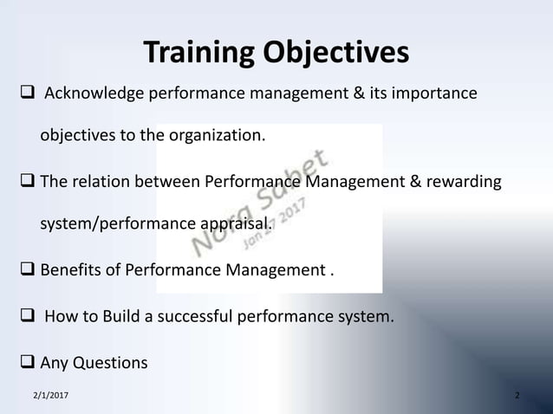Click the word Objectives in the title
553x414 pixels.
tap(333, 53)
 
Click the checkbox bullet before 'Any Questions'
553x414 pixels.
tap(26, 362)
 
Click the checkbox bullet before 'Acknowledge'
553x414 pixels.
tap(26, 93)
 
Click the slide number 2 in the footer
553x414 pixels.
tap(517, 396)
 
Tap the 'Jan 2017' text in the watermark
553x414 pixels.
tap(275, 217)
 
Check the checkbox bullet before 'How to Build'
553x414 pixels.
tap(26, 317)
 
